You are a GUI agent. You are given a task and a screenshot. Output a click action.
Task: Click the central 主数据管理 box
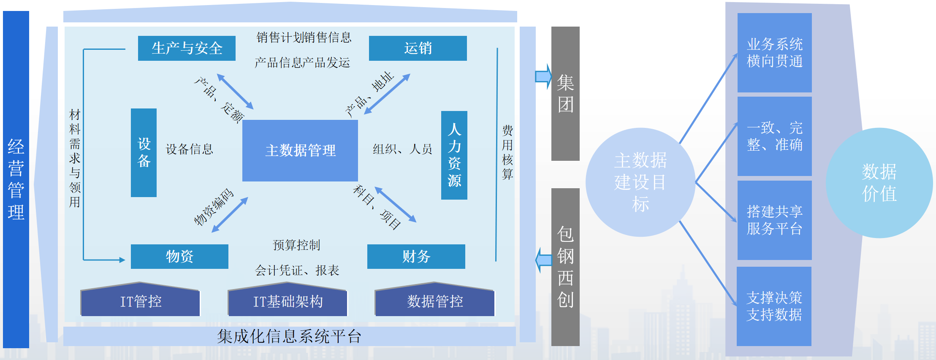pyautogui.click(x=300, y=150)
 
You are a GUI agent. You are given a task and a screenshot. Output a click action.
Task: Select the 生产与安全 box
pyautogui.click(x=187, y=48)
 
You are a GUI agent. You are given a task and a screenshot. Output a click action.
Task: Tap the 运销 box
pyautogui.click(x=418, y=48)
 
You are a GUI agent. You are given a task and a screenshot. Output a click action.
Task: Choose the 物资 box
pyautogui.click(x=179, y=256)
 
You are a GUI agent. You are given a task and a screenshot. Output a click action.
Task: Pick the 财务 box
pyautogui.click(x=416, y=256)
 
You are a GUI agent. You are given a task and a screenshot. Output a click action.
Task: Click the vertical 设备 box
pyautogui.click(x=144, y=152)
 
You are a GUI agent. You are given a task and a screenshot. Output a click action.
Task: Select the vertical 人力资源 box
pyautogui.click(x=454, y=155)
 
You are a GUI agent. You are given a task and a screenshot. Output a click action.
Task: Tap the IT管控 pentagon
pyautogui.click(x=140, y=301)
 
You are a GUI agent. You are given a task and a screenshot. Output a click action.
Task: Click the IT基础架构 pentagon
pyautogui.click(x=288, y=301)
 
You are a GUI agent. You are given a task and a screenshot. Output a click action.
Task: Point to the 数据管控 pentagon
pyautogui.click(x=434, y=301)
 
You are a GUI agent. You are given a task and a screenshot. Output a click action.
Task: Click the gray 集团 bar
pyautogui.click(x=565, y=93)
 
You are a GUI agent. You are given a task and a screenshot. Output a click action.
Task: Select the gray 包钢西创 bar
pyautogui.click(x=565, y=267)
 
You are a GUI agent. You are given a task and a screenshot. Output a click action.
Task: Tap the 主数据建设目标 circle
pyautogui.click(x=640, y=182)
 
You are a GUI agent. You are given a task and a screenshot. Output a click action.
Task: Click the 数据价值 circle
pyautogui.click(x=879, y=183)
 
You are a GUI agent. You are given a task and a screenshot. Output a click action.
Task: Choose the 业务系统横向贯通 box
pyautogui.click(x=774, y=53)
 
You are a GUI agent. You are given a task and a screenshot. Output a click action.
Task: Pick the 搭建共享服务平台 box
pyautogui.click(x=774, y=220)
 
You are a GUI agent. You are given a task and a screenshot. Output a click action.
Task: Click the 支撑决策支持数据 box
pyautogui.click(x=774, y=306)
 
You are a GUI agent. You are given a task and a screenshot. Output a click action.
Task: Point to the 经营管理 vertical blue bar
pyautogui.click(x=16, y=179)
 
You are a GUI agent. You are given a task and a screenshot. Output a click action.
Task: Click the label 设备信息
pyautogui.click(x=189, y=149)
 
